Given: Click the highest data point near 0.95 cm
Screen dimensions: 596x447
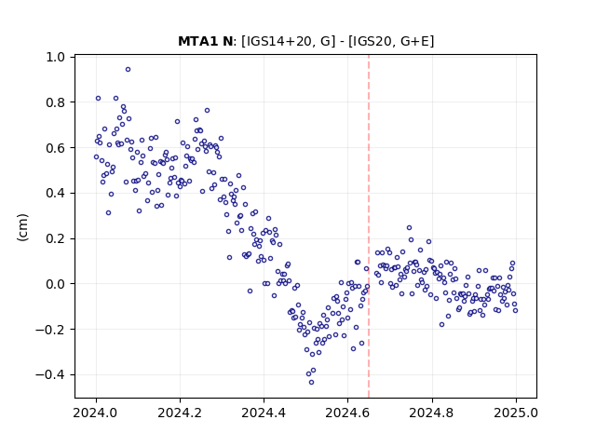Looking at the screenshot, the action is [x=129, y=69].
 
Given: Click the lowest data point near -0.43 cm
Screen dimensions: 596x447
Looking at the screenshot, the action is [x=311, y=382].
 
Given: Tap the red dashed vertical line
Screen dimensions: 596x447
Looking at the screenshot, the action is [x=369, y=226].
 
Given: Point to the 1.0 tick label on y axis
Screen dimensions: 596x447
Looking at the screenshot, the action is [x=56, y=57].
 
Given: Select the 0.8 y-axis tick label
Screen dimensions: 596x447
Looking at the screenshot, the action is [x=56, y=102].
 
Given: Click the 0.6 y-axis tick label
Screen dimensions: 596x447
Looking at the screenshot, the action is [x=56, y=148].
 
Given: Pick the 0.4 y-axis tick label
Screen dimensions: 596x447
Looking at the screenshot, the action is [x=56, y=193].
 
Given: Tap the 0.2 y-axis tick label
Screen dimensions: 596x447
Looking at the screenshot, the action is [x=56, y=238].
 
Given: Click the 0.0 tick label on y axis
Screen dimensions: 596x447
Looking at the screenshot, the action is [x=56, y=284].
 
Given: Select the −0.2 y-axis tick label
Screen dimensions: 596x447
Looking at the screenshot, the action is [x=50, y=330].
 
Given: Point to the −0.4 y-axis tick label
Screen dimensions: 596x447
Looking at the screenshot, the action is [x=50, y=374].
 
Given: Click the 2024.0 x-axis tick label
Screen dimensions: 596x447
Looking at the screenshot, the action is [x=96, y=413].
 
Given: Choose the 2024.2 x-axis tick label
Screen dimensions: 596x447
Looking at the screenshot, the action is [x=180, y=413].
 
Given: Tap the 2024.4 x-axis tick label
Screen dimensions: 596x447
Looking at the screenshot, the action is [x=264, y=413].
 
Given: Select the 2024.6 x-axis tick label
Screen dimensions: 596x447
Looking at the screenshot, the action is [x=347, y=413].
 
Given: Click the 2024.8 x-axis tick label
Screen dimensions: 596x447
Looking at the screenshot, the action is [x=432, y=413].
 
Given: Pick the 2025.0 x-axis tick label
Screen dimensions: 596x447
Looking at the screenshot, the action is [x=516, y=413].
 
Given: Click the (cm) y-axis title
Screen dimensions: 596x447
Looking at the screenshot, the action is [x=22, y=227].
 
